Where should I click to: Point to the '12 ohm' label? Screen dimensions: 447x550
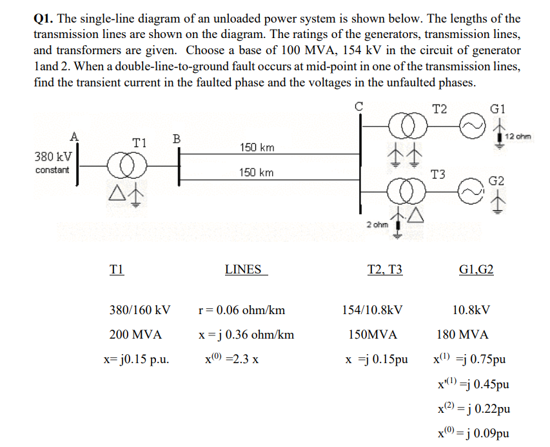pyautogui.click(x=518, y=135)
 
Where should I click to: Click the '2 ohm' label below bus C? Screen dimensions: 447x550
pyautogui.click(x=377, y=224)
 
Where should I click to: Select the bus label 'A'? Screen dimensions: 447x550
pyautogui.click(x=74, y=135)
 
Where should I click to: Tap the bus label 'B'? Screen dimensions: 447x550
pyautogui.click(x=177, y=138)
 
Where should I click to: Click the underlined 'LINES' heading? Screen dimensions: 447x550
pyautogui.click(x=244, y=270)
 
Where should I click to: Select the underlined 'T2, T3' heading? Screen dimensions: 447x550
pyautogui.click(x=384, y=270)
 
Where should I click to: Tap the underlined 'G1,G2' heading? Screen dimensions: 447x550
pyautogui.click(x=476, y=270)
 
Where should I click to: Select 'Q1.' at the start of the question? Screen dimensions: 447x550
pyautogui.click(x=44, y=19)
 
